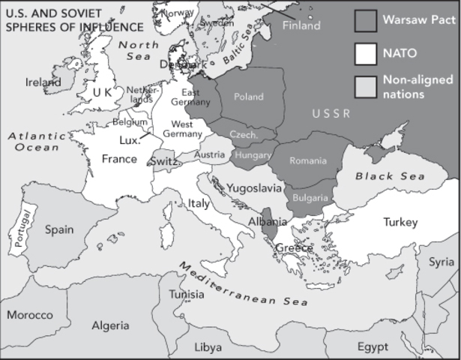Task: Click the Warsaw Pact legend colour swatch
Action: [x=365, y=19]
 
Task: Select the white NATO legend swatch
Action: [x=365, y=52]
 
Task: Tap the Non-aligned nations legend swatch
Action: [x=365, y=85]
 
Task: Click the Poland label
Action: [x=249, y=97]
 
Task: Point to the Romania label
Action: [x=309, y=160]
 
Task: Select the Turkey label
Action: [x=400, y=222]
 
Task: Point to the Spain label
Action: [x=60, y=229]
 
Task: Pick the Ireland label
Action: [x=43, y=82]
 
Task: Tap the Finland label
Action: [x=301, y=25]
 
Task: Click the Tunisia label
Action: [x=185, y=294]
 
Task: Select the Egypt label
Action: [x=372, y=346]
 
